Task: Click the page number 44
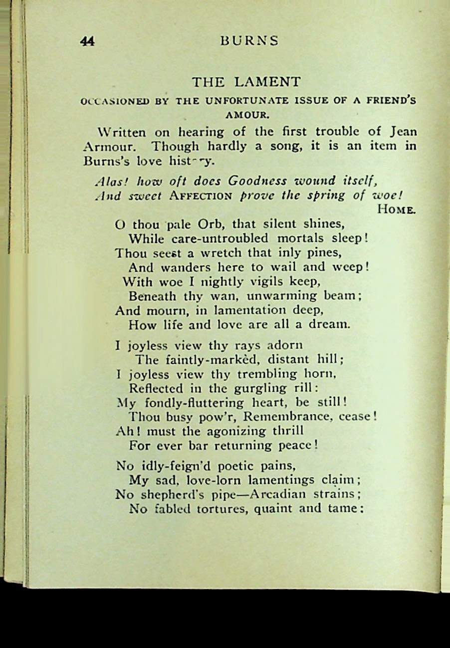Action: [87, 41]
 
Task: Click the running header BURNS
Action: [249, 41]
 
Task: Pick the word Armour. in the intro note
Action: [109, 147]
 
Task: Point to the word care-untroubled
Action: [213, 238]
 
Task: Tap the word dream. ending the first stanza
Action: [329, 324]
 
